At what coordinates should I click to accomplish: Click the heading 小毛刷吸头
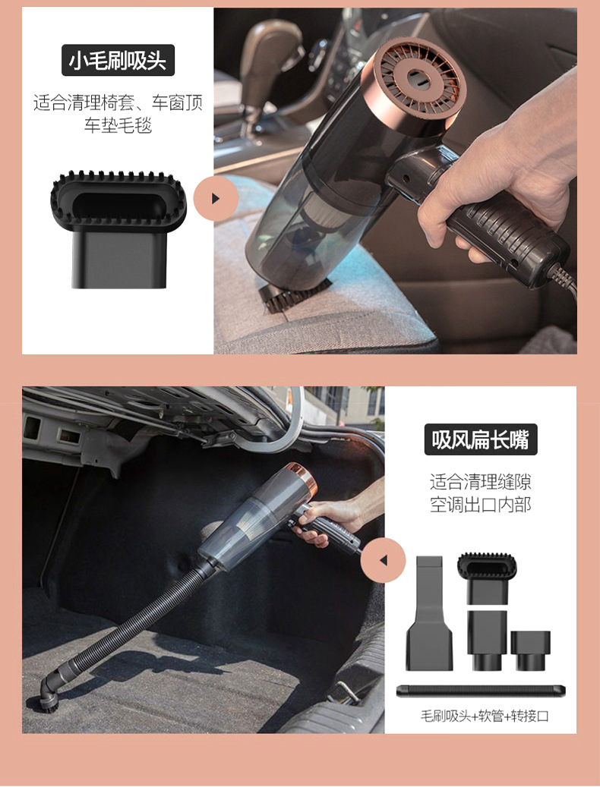[118, 61]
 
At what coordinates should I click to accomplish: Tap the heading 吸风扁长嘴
[480, 439]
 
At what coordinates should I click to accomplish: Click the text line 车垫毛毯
[118, 125]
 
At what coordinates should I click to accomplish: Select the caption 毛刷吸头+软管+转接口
[485, 716]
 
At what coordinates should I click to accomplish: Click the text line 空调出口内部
[480, 505]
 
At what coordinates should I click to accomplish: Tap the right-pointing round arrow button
[216, 198]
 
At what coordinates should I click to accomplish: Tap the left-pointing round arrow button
[383, 560]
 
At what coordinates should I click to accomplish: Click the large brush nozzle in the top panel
[118, 228]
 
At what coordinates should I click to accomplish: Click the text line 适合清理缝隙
[480, 482]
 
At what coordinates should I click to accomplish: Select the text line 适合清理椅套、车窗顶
[118, 102]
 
